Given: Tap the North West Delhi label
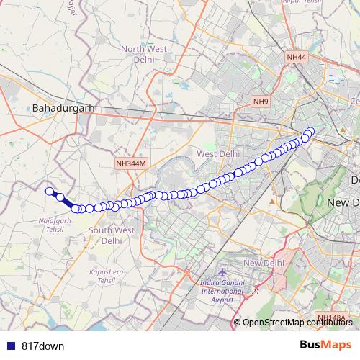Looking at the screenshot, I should click(x=148, y=54).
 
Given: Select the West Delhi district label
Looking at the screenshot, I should click(x=218, y=154).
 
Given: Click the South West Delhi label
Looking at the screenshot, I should click(x=111, y=235).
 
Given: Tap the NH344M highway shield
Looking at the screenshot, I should click(x=130, y=164).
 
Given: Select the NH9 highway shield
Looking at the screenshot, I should click(x=261, y=102).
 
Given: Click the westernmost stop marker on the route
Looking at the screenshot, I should click(x=50, y=191).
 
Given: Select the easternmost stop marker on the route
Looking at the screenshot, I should click(x=311, y=131).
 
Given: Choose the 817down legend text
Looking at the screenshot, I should click(x=43, y=346).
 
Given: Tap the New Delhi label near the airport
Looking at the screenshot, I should click(x=261, y=264).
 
